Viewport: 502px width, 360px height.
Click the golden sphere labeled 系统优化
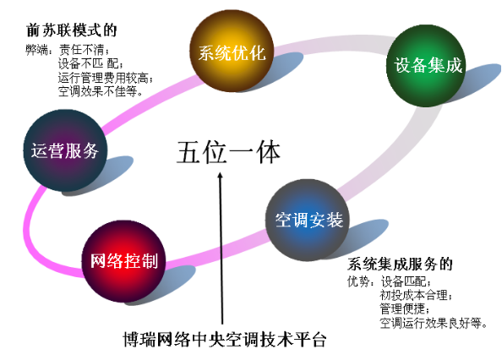[x=232, y=51]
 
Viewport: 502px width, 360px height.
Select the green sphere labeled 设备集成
[x=426, y=66]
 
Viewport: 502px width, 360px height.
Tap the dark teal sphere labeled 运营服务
[x=65, y=150]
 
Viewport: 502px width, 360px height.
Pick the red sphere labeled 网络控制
[x=124, y=261]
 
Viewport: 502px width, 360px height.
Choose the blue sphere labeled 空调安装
[x=308, y=221]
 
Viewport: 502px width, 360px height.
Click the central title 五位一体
[x=228, y=152]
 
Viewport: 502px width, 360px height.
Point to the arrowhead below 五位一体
[x=220, y=177]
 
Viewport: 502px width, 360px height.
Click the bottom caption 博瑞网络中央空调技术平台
[x=225, y=339]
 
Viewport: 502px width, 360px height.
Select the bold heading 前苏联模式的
[x=71, y=30]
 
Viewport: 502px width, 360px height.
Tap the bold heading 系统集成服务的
[x=400, y=265]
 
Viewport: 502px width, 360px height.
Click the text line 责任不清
[x=84, y=50]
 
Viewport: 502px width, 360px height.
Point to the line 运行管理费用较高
[x=106, y=78]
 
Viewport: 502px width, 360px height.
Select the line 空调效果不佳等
[x=101, y=91]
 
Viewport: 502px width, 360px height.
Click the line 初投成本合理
[x=416, y=295]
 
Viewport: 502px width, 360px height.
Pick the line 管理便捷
[x=405, y=308]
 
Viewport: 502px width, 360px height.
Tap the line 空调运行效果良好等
[x=434, y=323]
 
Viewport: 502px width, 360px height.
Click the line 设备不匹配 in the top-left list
[x=90, y=63]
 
